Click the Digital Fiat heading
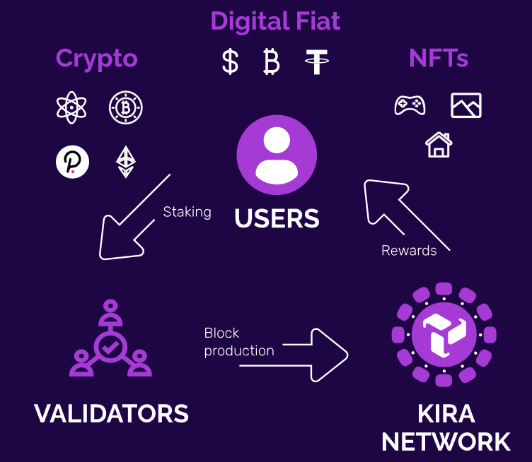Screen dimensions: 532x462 click(275, 22)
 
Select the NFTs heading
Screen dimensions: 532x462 click(439, 58)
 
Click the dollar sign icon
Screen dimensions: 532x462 click(230, 61)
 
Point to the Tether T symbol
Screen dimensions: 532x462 click(316, 61)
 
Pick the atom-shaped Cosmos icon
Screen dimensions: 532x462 click(71, 107)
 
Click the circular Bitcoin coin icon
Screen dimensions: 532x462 click(126, 107)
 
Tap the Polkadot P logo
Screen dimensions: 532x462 click(73, 162)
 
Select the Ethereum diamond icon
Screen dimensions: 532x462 click(126, 162)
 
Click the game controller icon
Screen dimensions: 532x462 click(410, 105)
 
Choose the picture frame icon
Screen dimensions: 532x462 click(466, 105)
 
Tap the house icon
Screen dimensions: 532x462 click(439, 145)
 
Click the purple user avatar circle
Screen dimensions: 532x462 click(277, 155)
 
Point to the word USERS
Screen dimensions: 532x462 click(277, 218)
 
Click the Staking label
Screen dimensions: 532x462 click(187, 213)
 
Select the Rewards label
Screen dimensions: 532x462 click(409, 251)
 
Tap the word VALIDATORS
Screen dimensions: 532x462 click(111, 413)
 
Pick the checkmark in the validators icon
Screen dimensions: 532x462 click(110, 347)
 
